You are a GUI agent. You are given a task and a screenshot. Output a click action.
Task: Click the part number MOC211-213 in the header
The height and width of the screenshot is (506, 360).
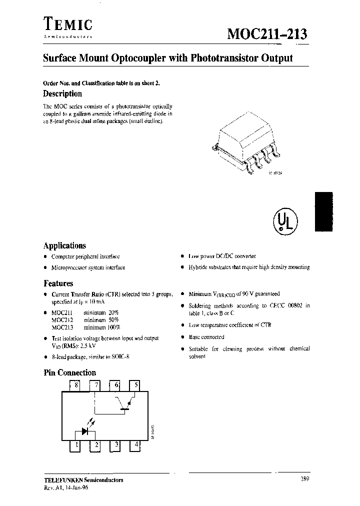[x=267, y=34]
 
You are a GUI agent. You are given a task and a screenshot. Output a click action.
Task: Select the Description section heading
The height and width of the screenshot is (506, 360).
[x=62, y=93]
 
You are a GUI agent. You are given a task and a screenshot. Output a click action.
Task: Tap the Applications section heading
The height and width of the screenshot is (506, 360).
[x=64, y=245]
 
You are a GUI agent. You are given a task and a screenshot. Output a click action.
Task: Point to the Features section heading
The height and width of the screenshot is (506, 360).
[x=58, y=283]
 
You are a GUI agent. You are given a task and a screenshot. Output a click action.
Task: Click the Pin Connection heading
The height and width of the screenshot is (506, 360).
[x=69, y=372]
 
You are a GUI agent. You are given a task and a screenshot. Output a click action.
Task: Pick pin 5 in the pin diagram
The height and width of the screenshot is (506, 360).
[x=135, y=385]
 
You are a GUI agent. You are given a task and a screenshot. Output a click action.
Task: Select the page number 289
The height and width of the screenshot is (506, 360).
[x=304, y=479]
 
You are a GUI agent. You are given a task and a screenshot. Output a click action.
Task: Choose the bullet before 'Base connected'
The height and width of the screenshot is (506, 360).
[x=183, y=337]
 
